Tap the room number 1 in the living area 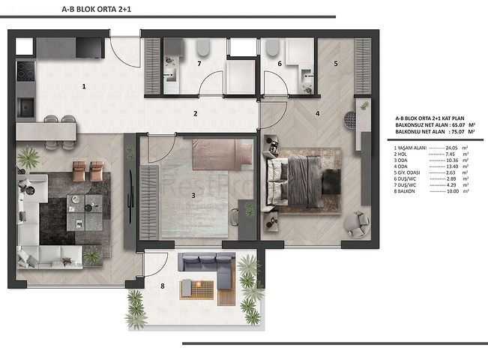point(84,86)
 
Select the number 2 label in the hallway point(195,114)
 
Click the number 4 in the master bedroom point(318,114)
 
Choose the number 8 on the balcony point(162,285)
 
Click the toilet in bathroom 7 point(202,49)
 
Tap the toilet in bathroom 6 point(271,49)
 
